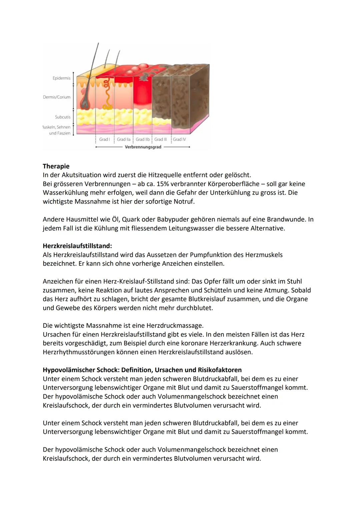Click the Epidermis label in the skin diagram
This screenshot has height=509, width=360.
click(61, 78)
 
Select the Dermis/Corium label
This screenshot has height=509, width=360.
click(57, 97)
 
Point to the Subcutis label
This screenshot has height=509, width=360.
click(63, 117)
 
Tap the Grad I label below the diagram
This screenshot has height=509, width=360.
click(104, 139)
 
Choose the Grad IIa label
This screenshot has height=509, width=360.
click(124, 139)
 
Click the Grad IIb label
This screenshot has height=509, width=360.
click(143, 139)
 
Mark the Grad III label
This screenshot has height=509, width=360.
click(161, 139)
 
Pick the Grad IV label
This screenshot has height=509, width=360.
click(179, 139)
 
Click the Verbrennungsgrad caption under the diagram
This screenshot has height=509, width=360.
click(143, 147)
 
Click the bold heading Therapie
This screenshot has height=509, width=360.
click(56, 166)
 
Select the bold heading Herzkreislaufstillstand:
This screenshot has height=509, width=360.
click(77, 246)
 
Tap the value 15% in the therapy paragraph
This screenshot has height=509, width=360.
click(162, 184)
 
